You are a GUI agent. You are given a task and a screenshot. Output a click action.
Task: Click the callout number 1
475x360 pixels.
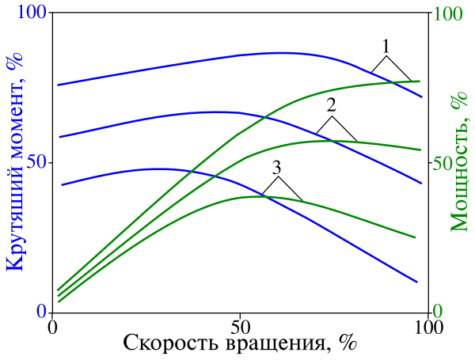(x=386, y=45)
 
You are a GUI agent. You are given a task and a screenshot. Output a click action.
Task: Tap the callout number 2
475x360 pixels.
(x=332, y=105)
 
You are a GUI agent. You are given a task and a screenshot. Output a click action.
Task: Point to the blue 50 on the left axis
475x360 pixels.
(x=36, y=163)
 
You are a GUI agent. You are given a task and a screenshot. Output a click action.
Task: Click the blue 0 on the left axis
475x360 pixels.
(x=41, y=313)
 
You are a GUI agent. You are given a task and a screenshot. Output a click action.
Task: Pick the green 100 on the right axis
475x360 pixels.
(x=449, y=14)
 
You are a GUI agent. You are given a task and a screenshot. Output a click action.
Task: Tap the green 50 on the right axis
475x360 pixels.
(x=444, y=163)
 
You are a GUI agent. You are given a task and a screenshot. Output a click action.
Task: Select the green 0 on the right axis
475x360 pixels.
(x=439, y=313)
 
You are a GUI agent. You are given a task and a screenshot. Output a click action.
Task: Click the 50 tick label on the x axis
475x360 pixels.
(x=240, y=326)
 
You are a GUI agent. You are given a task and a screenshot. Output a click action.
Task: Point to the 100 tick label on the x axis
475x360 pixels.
(x=428, y=326)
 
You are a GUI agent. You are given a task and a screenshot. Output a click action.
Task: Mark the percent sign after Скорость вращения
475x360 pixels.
(x=345, y=344)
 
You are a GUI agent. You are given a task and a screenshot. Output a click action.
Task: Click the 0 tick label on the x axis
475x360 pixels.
(x=52, y=326)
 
